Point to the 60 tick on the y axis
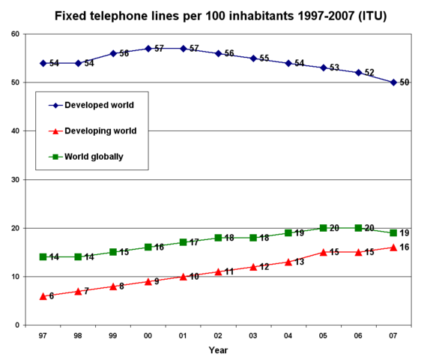tap(16, 34)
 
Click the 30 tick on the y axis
tap(16, 180)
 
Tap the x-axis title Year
tap(218, 349)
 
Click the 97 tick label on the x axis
tap(43, 335)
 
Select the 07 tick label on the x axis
tap(393, 335)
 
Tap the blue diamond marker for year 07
tap(393, 82)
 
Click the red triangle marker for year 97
tap(43, 296)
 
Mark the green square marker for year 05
tap(323, 228)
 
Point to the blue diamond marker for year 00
tap(148, 48)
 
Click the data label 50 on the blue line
tap(404, 82)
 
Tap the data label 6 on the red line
tap(51, 296)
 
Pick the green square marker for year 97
tap(43, 257)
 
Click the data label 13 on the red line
tap(299, 262)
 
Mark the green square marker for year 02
tap(218, 238)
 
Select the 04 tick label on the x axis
tap(288, 335)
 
